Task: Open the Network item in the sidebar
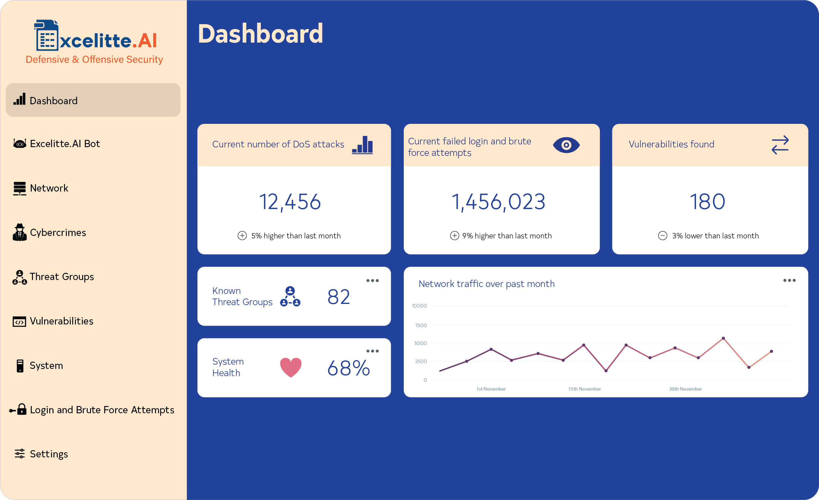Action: point(49,188)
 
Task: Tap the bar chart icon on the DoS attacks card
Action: point(362,145)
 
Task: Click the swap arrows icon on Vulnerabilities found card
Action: point(780,145)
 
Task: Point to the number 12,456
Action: point(290,202)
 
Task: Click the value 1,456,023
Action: point(498,202)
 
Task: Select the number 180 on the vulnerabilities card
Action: point(707,202)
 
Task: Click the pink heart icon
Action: point(290,367)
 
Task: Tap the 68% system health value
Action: point(348,368)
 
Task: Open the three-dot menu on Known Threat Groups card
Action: point(372,281)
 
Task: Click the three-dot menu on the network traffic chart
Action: point(789,280)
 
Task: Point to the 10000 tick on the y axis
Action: point(419,306)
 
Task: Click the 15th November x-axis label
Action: point(584,389)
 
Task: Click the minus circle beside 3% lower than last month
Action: point(662,236)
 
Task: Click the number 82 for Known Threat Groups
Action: point(338,297)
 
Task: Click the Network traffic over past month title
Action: point(486,284)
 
